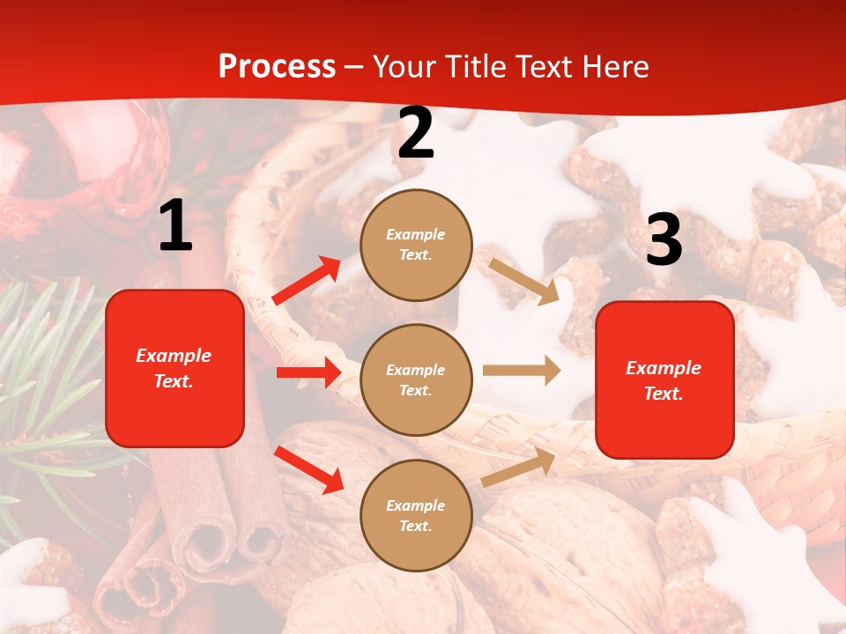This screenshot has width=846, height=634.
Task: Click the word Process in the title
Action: click(277, 66)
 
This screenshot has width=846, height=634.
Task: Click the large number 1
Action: click(175, 226)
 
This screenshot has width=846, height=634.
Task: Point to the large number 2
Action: click(416, 134)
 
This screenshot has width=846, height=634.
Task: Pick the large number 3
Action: click(664, 240)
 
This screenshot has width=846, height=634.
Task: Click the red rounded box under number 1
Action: click(174, 368)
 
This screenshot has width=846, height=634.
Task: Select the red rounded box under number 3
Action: click(664, 380)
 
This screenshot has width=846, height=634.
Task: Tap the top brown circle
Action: click(416, 245)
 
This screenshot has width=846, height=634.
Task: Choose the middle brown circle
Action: click(416, 380)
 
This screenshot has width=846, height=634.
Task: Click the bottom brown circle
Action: click(416, 515)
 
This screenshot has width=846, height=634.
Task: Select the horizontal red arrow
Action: click(308, 372)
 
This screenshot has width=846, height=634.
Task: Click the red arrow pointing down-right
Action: click(308, 469)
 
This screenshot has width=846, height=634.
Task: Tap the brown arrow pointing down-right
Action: click(523, 281)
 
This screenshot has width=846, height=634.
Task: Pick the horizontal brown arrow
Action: click(522, 371)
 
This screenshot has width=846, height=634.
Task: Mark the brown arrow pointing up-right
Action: click(519, 468)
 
